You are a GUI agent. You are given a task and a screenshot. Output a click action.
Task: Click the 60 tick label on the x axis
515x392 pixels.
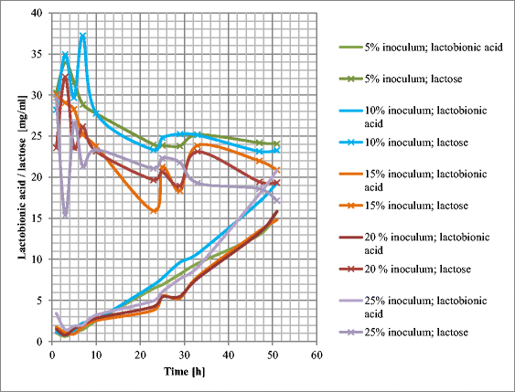(316, 353)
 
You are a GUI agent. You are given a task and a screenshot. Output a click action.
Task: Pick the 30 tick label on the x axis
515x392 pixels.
(184, 353)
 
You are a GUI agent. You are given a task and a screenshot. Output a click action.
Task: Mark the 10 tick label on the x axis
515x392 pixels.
(96, 353)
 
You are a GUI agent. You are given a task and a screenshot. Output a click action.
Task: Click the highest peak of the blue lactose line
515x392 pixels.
(83, 36)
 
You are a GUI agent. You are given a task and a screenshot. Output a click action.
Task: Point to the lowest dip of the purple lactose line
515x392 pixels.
(65, 217)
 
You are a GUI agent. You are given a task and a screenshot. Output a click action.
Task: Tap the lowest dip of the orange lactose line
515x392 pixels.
(155, 211)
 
